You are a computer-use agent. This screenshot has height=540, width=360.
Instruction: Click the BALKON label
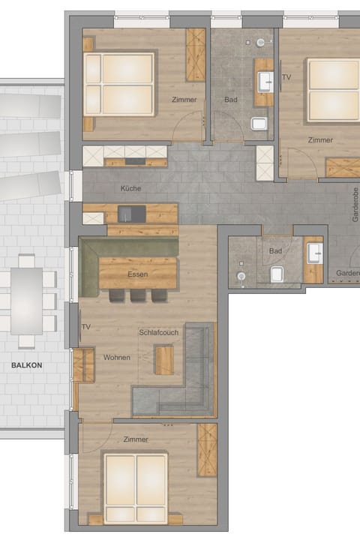click(26, 365)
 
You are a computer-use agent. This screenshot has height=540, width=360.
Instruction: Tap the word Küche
click(130, 188)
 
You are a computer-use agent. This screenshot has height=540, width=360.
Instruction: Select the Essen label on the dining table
click(137, 274)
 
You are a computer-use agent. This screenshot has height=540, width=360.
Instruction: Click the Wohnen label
click(117, 358)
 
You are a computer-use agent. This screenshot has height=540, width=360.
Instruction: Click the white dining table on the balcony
click(27, 300)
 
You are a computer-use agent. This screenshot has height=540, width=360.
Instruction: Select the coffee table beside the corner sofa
click(163, 358)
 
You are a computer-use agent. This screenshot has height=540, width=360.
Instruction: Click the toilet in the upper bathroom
click(259, 123)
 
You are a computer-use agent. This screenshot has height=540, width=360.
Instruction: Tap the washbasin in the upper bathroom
click(265, 80)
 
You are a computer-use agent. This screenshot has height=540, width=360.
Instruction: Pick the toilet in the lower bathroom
click(277, 274)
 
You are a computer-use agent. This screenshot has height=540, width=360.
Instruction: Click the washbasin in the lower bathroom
click(313, 251)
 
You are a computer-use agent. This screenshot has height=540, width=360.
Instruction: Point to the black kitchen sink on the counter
click(132, 214)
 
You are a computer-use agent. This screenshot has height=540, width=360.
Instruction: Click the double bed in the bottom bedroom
click(136, 487)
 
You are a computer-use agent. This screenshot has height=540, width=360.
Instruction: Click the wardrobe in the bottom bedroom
click(207, 449)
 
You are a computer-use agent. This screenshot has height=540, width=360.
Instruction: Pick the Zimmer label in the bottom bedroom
click(136, 439)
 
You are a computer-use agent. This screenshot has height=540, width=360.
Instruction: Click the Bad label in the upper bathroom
click(231, 99)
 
